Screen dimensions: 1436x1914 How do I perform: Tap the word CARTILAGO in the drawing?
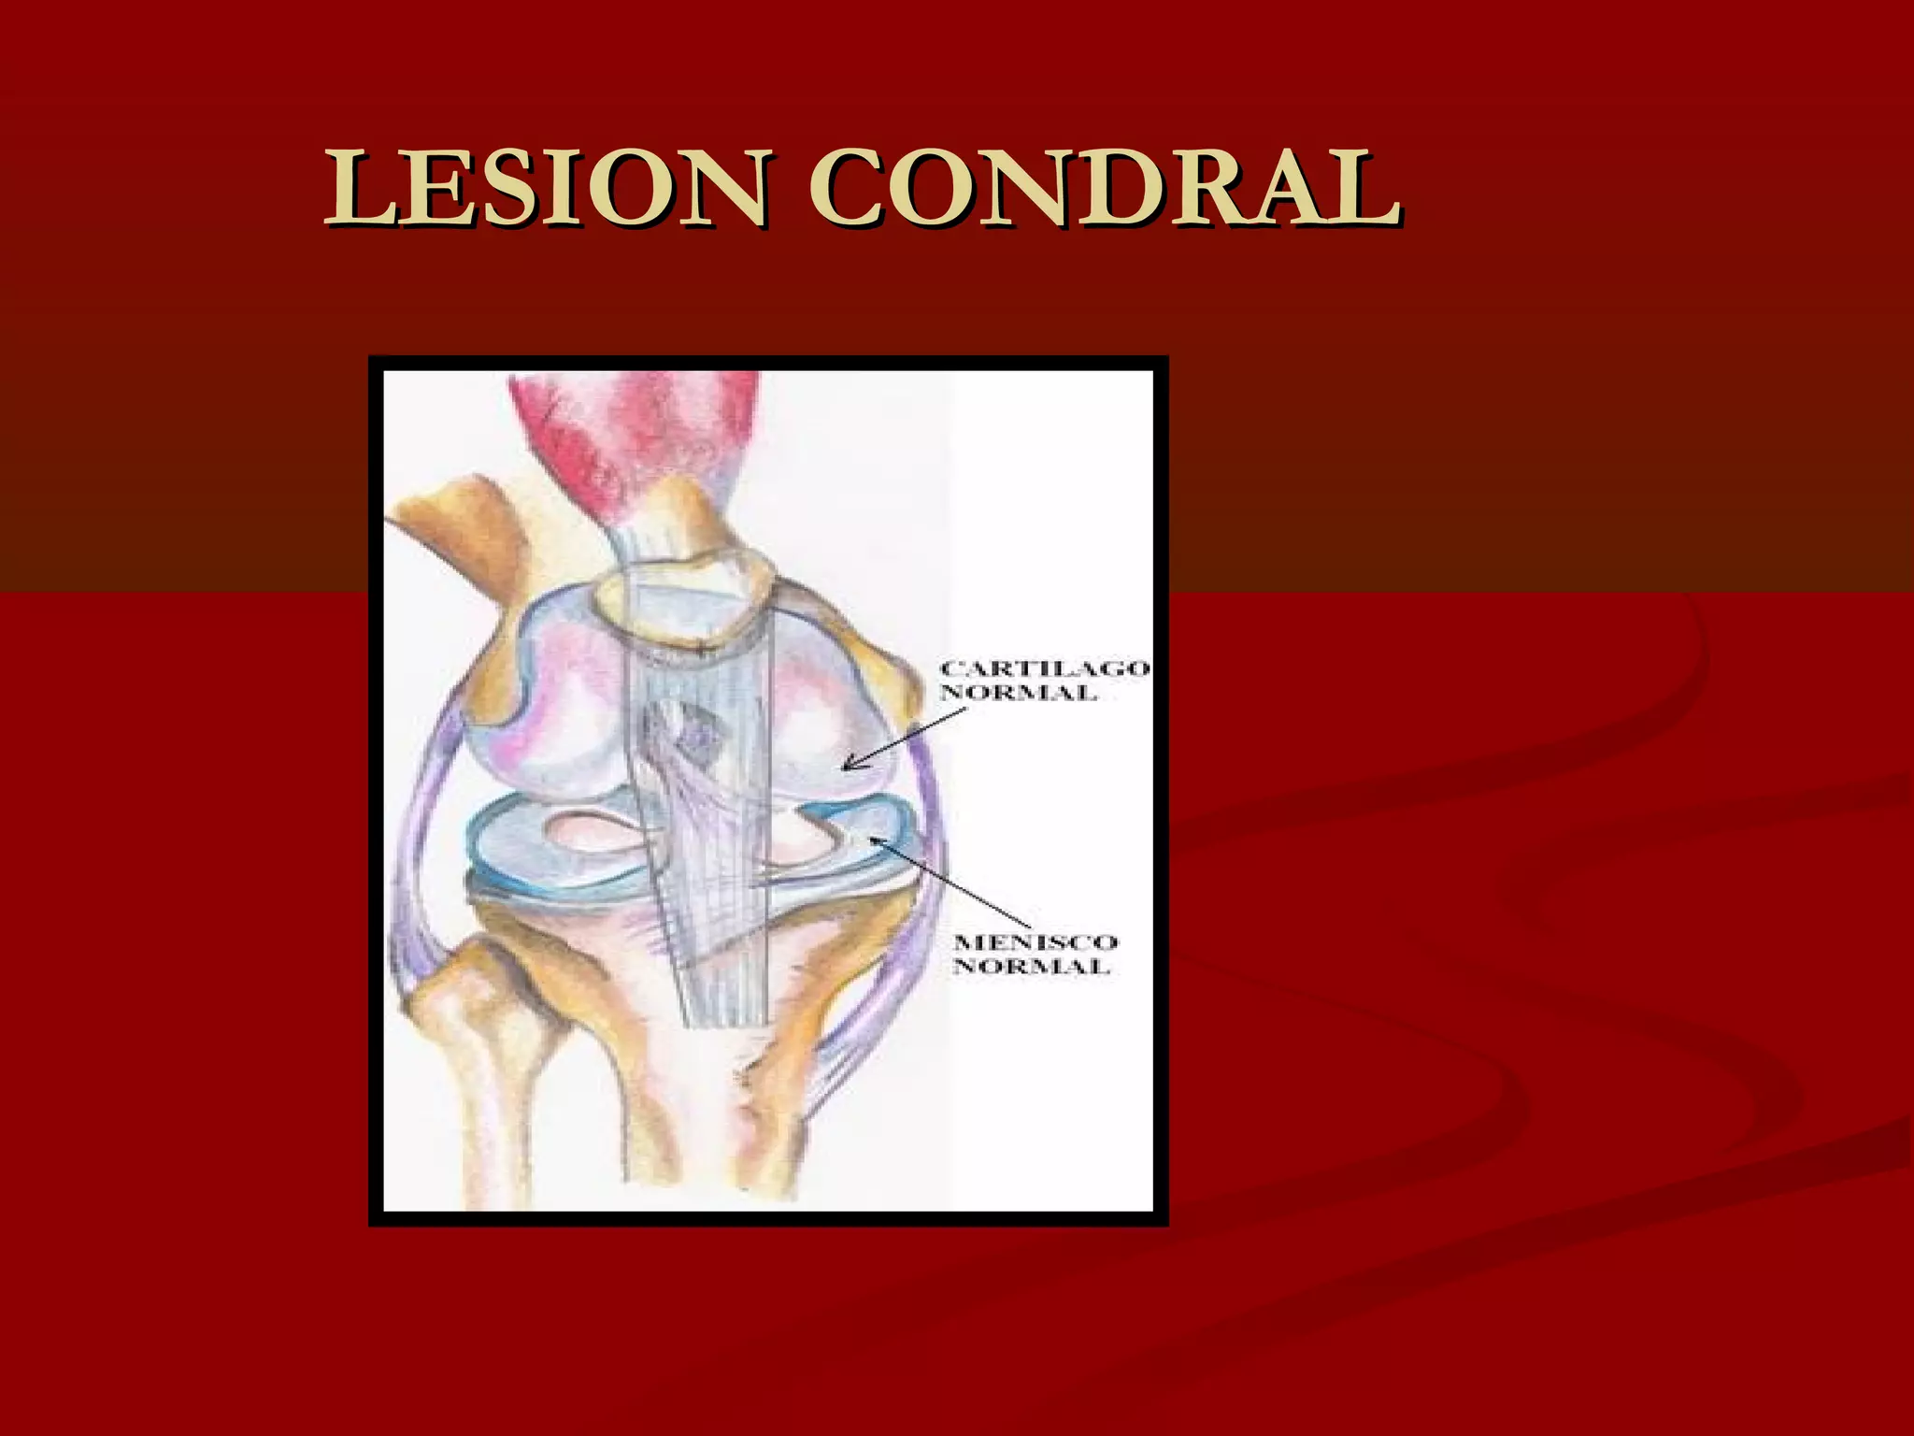pyautogui.click(x=1045, y=669)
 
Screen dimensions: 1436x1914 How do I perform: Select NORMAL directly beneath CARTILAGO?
pyautogui.click(x=1018, y=693)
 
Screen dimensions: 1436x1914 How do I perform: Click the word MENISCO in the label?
pyautogui.click(x=1035, y=942)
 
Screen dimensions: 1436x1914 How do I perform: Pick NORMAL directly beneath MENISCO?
pyautogui.click(x=1031, y=967)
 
